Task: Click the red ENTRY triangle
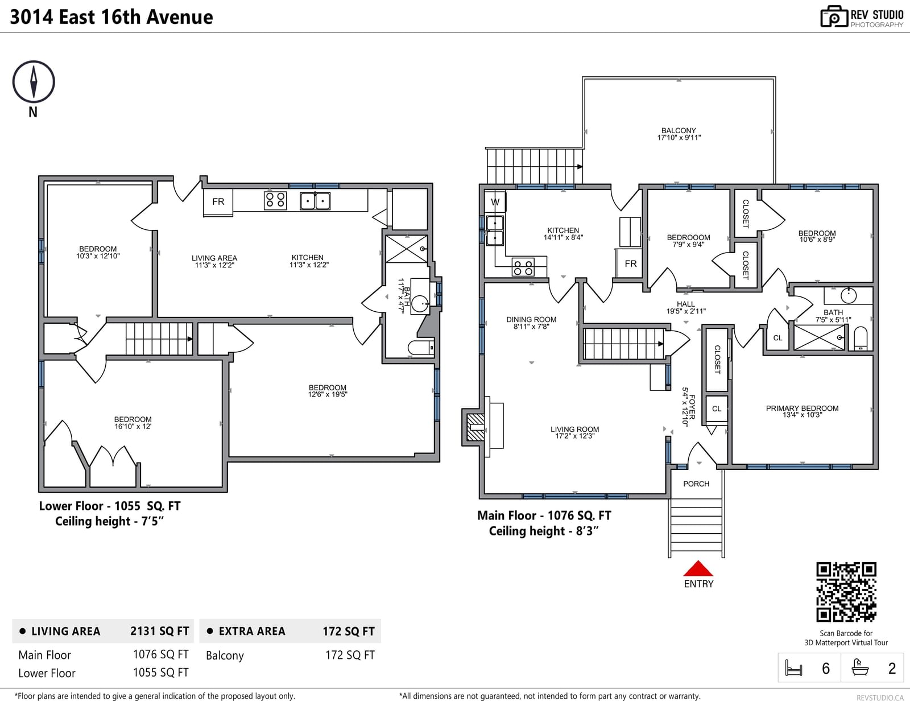(698, 568)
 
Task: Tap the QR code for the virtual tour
(846, 591)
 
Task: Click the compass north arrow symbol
(34, 82)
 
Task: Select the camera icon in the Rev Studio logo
(834, 17)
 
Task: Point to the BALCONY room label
(679, 131)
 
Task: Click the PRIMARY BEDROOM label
(802, 409)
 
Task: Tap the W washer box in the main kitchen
(495, 202)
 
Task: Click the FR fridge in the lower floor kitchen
(218, 203)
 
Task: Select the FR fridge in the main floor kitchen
(630, 263)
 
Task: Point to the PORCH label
(696, 484)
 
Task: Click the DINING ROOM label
(531, 320)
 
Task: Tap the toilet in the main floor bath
(860, 339)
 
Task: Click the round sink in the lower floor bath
(420, 303)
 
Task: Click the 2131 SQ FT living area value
(160, 631)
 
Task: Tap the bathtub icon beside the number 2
(860, 667)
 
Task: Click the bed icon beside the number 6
(793, 668)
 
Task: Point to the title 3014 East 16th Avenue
(111, 17)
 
